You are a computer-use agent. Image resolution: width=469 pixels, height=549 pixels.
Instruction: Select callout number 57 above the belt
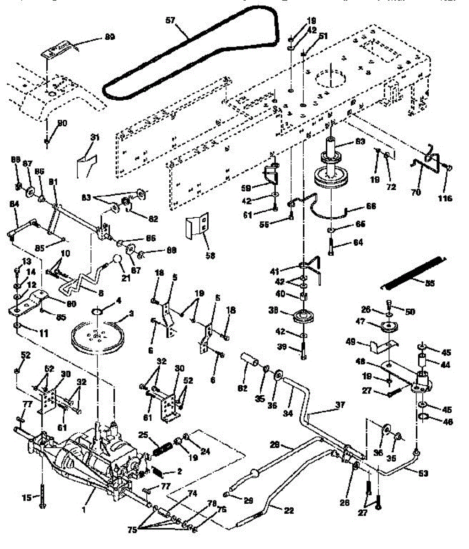click(x=170, y=21)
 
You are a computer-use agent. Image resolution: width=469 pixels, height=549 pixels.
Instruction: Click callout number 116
click(x=445, y=198)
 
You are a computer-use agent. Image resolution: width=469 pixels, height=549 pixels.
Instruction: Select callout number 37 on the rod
click(x=340, y=405)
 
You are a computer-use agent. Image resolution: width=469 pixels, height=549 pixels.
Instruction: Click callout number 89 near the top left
click(x=109, y=37)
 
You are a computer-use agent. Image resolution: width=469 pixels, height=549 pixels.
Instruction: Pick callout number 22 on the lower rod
click(x=289, y=511)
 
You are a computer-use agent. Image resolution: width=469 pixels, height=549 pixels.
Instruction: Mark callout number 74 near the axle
click(x=192, y=494)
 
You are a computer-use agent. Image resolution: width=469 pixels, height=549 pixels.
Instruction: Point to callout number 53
click(x=423, y=474)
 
